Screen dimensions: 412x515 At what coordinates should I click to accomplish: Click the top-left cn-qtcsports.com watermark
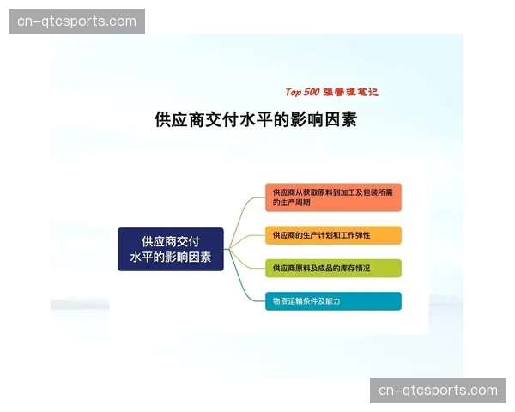click(78, 21)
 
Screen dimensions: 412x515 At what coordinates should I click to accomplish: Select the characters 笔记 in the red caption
click(366, 92)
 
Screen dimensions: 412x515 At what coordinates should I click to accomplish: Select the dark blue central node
click(171, 249)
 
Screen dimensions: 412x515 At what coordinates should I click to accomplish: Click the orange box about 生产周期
click(332, 197)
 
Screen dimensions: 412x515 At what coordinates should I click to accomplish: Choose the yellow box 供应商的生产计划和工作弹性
click(332, 235)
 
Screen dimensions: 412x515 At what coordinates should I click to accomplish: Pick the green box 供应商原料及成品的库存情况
click(332, 268)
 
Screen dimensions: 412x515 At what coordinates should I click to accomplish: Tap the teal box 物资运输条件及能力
click(332, 301)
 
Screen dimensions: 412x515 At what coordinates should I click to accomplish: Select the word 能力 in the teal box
click(333, 301)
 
